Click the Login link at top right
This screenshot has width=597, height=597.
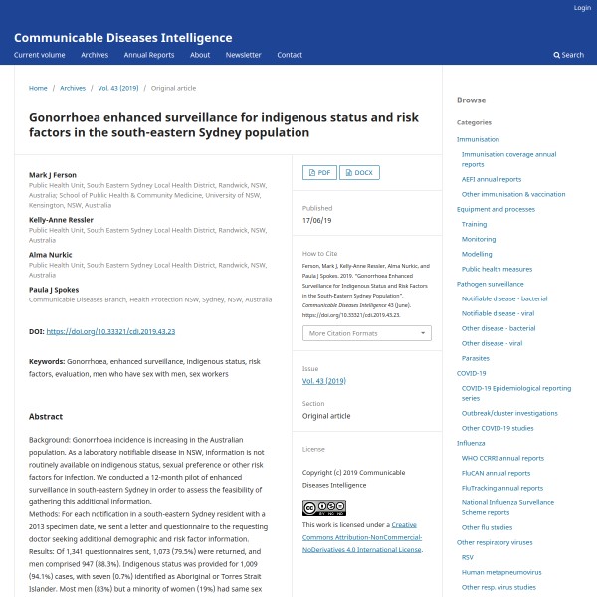tap(582, 8)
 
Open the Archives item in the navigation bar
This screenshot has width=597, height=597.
tap(95, 55)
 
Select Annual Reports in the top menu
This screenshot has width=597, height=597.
tap(149, 55)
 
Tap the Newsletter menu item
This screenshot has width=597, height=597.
tap(243, 55)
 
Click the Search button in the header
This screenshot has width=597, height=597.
tap(569, 55)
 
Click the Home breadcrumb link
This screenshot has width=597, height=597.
tap(38, 88)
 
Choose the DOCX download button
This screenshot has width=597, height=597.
tap(359, 172)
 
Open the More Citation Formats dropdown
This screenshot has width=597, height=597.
tap(366, 333)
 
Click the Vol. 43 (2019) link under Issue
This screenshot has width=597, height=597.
tap(323, 381)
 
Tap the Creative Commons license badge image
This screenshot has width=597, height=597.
tap(324, 508)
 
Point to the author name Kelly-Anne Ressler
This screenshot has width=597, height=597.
tap(62, 219)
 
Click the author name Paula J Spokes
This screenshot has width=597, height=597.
tap(55, 290)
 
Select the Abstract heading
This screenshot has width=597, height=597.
tap(46, 417)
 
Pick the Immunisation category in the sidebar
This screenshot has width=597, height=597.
tap(478, 140)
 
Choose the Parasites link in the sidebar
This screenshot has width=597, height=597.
tap(475, 358)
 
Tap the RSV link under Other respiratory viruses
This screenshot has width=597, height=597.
tap(467, 558)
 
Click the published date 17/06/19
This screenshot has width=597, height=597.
tap(317, 219)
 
